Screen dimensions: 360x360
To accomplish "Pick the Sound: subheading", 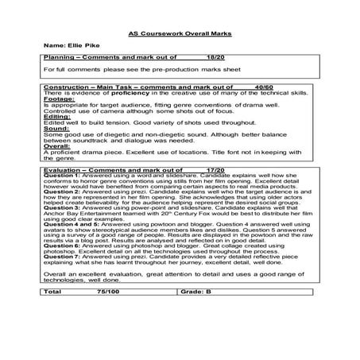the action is click(56, 153).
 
